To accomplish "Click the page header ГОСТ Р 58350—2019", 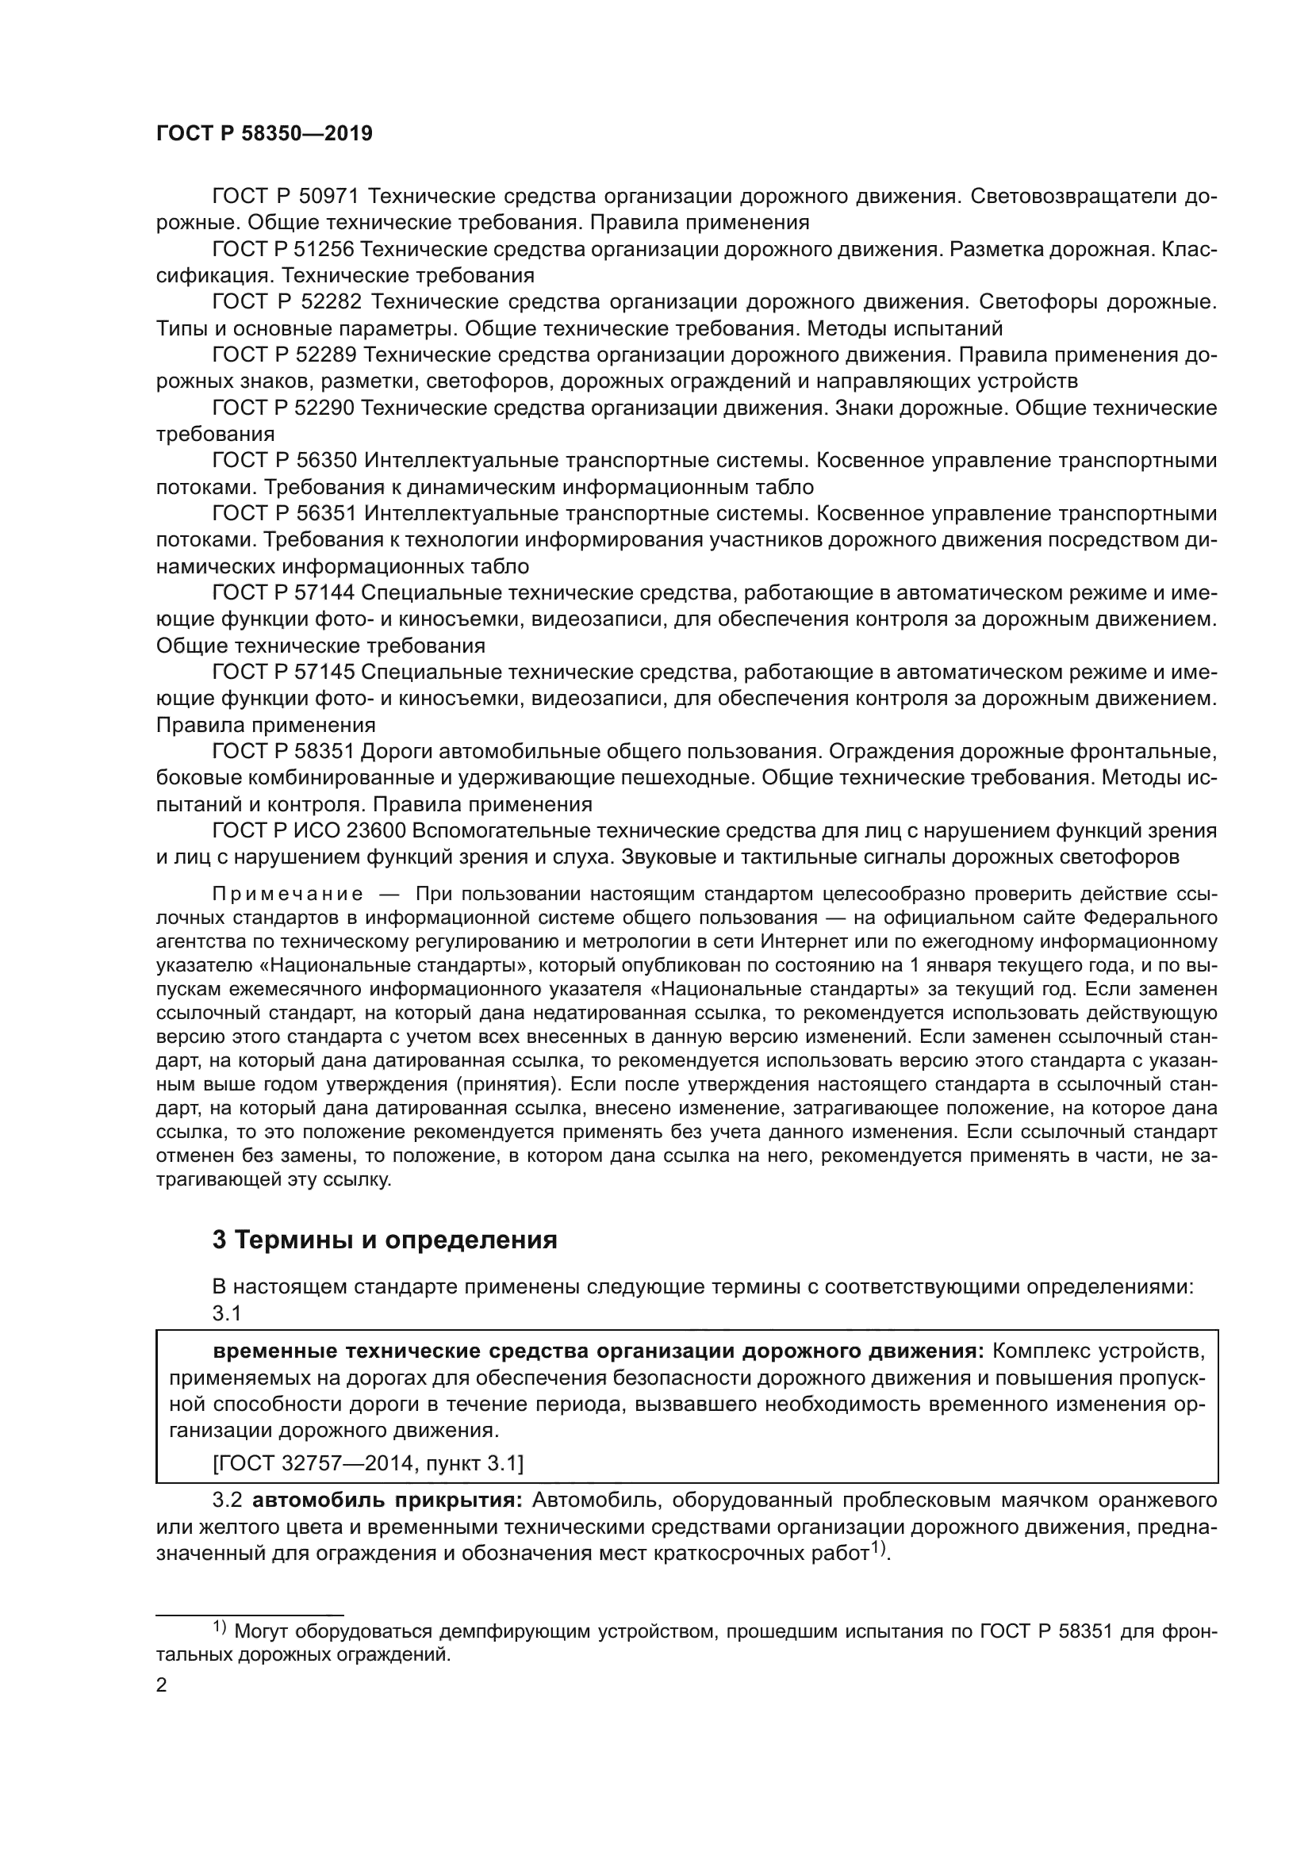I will [264, 134].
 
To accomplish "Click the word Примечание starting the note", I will [287, 895].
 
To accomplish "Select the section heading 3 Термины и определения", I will [385, 1240].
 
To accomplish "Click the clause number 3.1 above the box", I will [227, 1313].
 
